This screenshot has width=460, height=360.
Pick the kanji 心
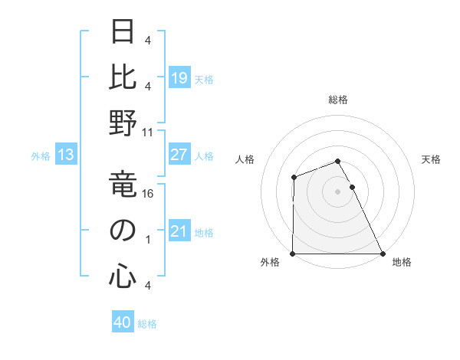123,276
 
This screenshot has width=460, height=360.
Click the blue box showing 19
179,78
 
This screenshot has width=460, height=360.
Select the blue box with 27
179,155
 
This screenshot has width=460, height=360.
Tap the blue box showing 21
179,231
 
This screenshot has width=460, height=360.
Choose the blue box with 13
65,155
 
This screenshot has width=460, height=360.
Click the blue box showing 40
123,323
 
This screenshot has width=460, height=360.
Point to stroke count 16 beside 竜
149,194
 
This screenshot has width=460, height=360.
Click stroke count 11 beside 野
149,132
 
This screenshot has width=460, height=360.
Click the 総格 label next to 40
147,324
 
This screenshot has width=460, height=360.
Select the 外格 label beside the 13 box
41,156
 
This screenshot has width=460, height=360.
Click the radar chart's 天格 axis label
431,159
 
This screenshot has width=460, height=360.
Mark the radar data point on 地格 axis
382,254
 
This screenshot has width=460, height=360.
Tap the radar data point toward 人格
294,178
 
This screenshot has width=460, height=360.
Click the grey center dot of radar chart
337,191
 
